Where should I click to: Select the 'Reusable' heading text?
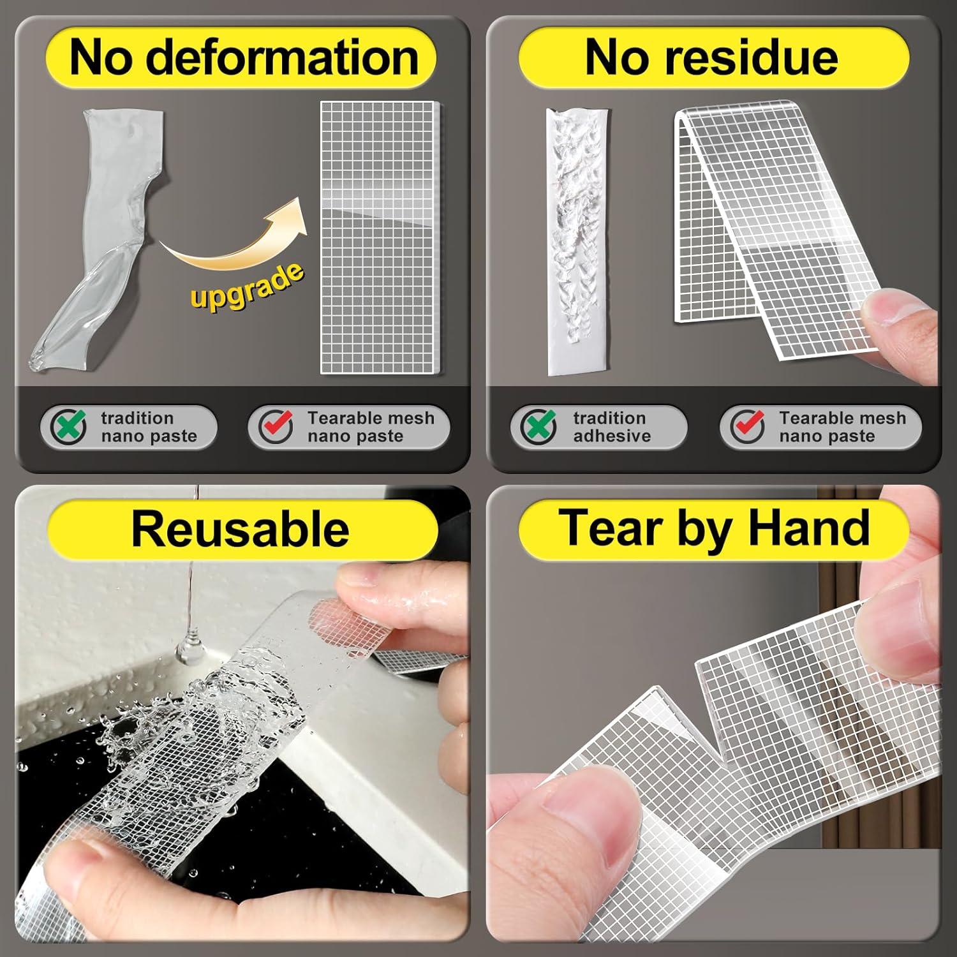pyautogui.click(x=240, y=529)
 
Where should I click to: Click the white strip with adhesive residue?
pyautogui.click(x=574, y=242)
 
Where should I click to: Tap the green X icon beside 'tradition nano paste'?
pyautogui.click(x=69, y=426)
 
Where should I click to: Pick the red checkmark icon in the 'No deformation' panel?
pyautogui.click(x=276, y=426)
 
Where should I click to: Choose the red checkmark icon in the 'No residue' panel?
pyautogui.click(x=748, y=426)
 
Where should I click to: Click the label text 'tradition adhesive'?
pyautogui.click(x=611, y=427)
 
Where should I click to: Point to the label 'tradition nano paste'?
pyautogui.click(x=148, y=427)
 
